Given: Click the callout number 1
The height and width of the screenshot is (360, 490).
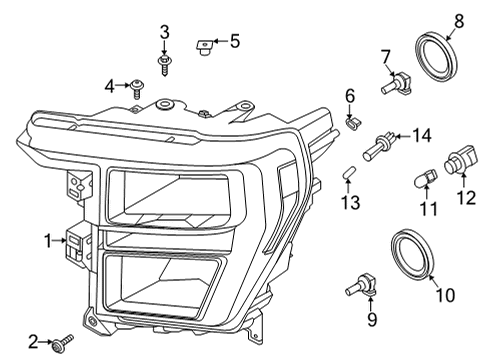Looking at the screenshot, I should click(46, 240).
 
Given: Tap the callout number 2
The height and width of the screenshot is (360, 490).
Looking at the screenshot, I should click(33, 343).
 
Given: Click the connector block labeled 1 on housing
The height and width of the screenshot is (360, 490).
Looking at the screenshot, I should click(76, 245).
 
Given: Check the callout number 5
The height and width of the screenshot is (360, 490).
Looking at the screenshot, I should click(235, 41).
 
